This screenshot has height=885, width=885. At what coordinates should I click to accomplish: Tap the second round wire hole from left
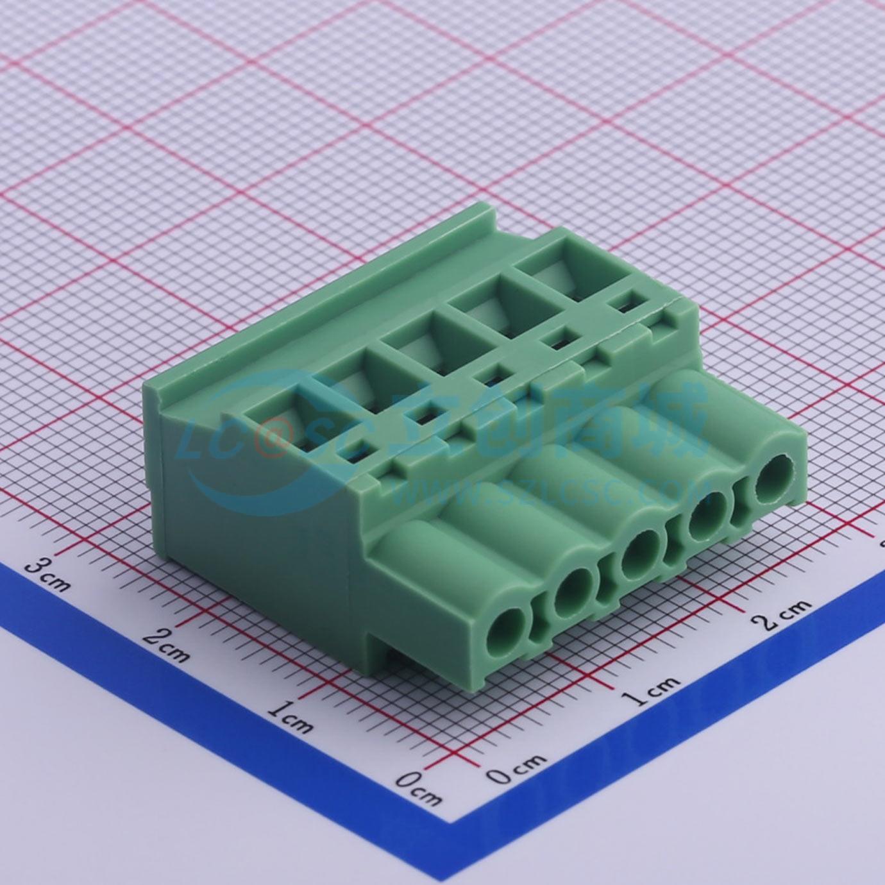pyautogui.click(x=573, y=591)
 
